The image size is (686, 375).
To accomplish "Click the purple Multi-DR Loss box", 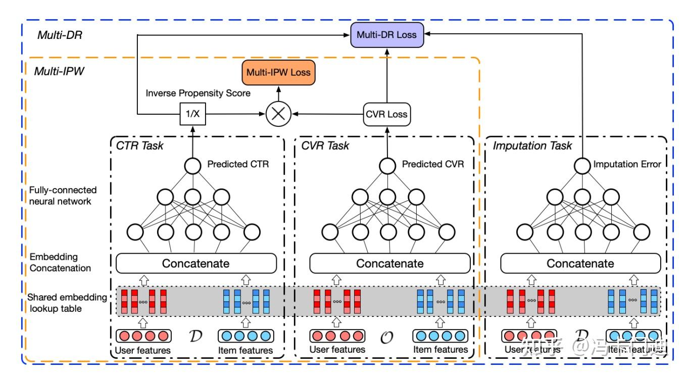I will (x=387, y=35).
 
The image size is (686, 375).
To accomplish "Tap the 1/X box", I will (x=193, y=114).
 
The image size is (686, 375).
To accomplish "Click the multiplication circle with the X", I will (x=278, y=114).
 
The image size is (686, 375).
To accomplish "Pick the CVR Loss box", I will (x=387, y=114).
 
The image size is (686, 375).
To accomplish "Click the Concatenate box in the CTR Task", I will (x=196, y=263).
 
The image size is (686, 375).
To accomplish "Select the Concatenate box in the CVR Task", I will (x=389, y=263).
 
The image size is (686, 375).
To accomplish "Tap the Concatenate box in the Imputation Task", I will (x=580, y=263).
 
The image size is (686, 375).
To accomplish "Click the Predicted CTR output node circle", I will (x=192, y=165).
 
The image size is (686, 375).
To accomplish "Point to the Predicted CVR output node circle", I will (x=387, y=165).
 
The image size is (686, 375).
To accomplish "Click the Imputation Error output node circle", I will (x=582, y=165).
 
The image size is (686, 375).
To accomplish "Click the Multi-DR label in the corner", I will (x=57, y=35).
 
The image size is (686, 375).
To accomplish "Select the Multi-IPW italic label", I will (x=59, y=71).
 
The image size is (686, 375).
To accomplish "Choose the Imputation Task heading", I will (x=532, y=146).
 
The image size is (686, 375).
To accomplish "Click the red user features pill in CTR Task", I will (x=143, y=336).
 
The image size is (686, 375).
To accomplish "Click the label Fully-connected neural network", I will (x=63, y=196).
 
